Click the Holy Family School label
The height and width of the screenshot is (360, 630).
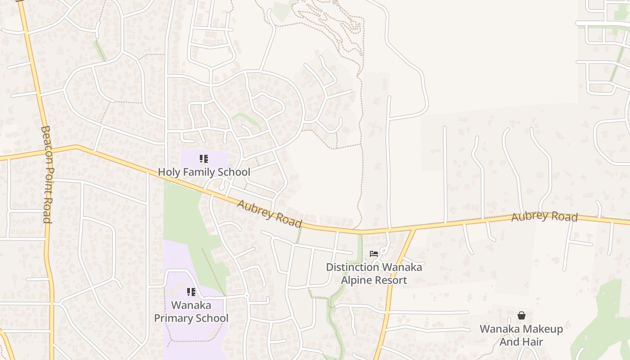pos(204,172)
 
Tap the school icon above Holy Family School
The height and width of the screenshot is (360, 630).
pos(204,159)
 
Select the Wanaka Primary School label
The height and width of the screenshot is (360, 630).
pos(191,311)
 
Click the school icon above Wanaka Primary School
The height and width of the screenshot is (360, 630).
pos(191,292)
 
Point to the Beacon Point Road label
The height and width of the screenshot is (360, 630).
pos(47,175)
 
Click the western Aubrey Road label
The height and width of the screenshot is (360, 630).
pos(269,213)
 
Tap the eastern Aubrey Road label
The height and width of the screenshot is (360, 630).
pos(544,216)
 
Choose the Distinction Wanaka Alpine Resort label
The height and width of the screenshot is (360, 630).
pos(374,274)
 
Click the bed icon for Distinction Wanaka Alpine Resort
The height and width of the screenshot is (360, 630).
pos(374,254)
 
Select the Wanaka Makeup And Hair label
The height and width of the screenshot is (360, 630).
pos(521,335)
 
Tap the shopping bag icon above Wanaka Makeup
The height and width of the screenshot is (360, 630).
pos(521,315)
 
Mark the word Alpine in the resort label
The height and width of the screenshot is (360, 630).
pos(355,280)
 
